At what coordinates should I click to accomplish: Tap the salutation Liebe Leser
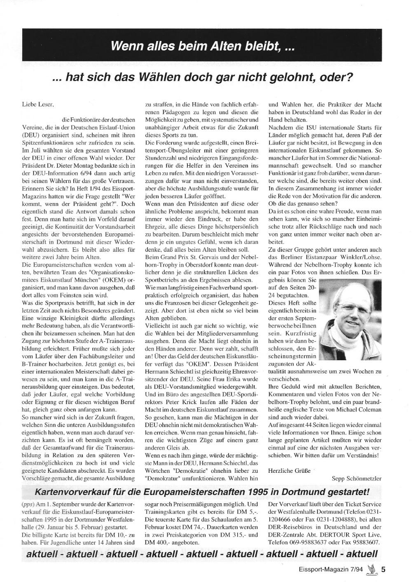(37, 105)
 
